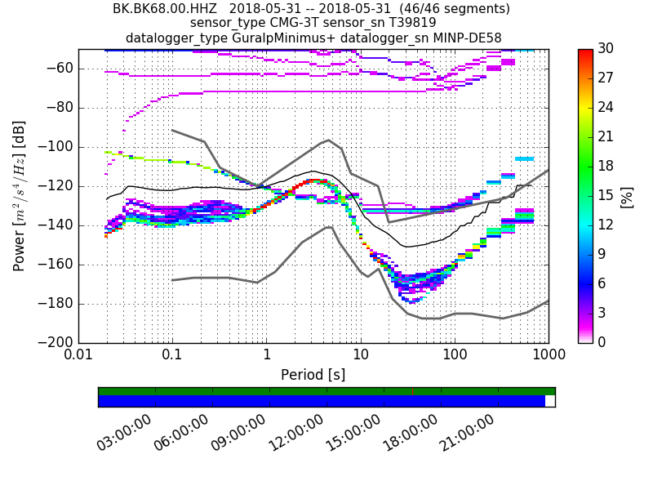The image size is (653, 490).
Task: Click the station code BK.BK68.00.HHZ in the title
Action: [163, 9]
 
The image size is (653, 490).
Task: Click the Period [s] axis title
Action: [313, 375]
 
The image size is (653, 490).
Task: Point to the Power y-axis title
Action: [19, 196]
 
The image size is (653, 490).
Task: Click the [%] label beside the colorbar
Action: [628, 197]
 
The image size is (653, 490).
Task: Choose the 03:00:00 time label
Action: [124, 433]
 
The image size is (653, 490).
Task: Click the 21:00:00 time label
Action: [467, 433]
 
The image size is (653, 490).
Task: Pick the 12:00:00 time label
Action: [295, 433]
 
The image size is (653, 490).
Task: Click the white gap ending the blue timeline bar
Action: [549, 401]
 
